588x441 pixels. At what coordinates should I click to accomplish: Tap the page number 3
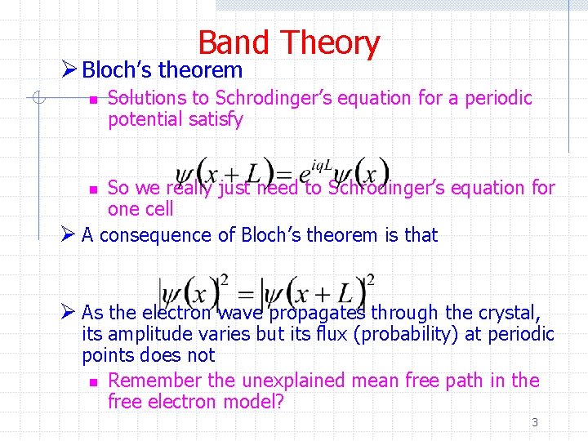535,422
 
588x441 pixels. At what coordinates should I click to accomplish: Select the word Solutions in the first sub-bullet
147,98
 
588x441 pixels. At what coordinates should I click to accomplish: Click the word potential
145,119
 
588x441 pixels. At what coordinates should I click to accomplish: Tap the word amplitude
149,334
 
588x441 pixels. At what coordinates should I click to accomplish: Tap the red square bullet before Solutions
94,100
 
